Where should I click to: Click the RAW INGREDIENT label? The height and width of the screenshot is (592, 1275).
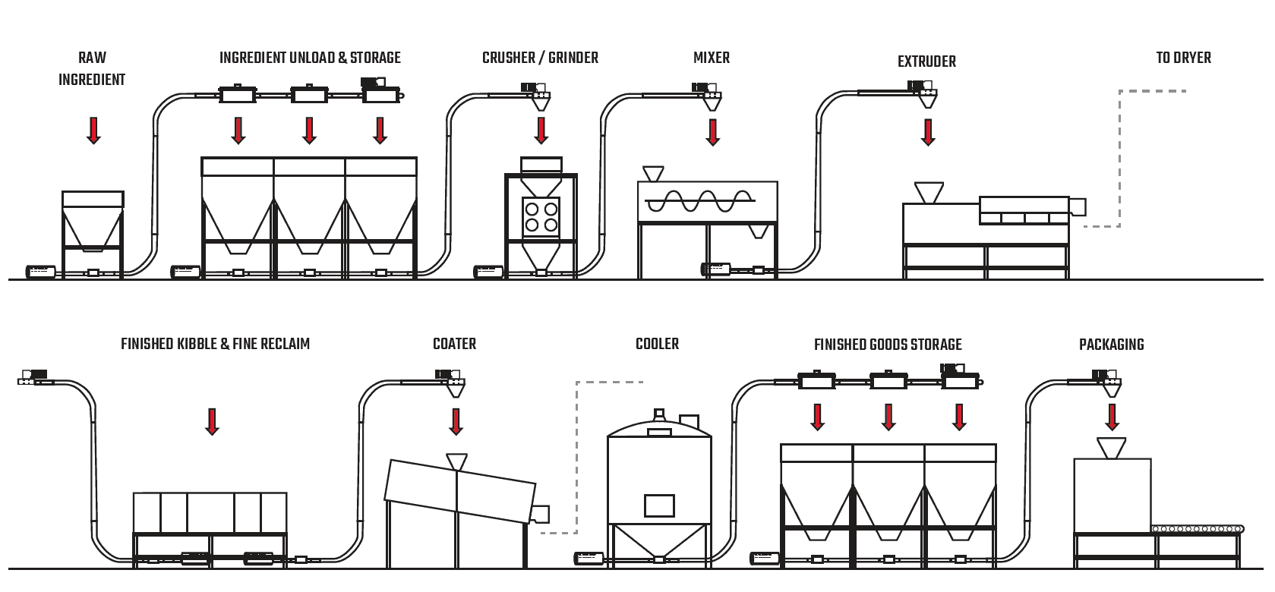[x=92, y=68]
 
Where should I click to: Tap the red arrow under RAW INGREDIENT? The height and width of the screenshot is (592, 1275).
[x=93, y=131]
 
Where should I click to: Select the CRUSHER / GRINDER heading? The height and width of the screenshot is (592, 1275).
[x=540, y=58]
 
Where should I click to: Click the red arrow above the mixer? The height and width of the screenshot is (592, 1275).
[x=712, y=131]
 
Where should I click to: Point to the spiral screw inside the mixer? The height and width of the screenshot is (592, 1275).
[x=699, y=201]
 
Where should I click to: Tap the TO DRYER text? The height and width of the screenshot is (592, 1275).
[x=1183, y=58]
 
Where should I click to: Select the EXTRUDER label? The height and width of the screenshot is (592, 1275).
[x=926, y=61]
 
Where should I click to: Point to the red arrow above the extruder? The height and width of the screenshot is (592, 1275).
[x=928, y=131]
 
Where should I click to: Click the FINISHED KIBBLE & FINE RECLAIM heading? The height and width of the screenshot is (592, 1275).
[x=215, y=344]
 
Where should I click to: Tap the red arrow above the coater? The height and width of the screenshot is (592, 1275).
[x=456, y=421]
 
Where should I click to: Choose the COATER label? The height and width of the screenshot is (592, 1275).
[x=454, y=344]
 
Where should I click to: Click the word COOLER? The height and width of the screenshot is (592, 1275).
[x=657, y=344]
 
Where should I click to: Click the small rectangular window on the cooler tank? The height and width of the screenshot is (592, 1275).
[x=658, y=505]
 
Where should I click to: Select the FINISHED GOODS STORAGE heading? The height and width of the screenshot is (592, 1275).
[x=888, y=345]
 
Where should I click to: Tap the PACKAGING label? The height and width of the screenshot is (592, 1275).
[x=1111, y=345]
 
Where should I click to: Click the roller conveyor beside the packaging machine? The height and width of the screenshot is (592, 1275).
[x=1198, y=529]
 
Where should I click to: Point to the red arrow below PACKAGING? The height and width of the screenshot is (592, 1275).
[x=1112, y=417]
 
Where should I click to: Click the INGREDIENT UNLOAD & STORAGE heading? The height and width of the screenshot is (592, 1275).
[x=310, y=58]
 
